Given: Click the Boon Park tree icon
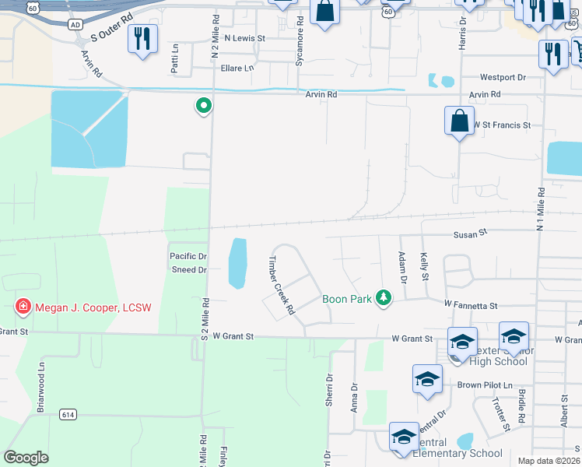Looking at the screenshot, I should click(383, 297).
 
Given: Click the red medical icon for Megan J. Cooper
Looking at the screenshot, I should click(23, 307).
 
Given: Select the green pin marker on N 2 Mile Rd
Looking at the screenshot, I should click(204, 105).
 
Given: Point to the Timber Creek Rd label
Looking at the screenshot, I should click(281, 285).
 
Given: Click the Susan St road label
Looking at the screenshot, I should click(471, 232).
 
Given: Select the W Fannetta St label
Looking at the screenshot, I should click(471, 307).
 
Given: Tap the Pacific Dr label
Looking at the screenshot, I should click(188, 256).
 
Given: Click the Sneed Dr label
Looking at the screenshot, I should click(189, 270).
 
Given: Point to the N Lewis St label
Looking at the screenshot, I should click(244, 37).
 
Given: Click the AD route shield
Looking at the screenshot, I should click(75, 25).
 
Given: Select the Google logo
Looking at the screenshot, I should click(26, 458).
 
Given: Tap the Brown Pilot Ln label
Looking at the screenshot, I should click(485, 385).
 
